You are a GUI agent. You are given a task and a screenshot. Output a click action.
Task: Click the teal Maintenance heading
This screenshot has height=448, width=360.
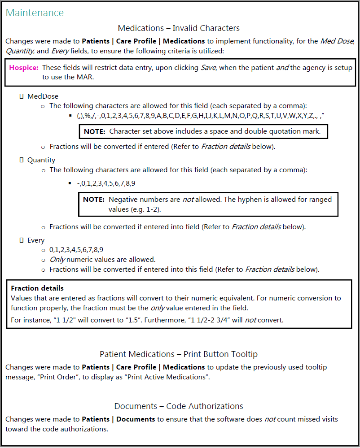(x=35, y=13)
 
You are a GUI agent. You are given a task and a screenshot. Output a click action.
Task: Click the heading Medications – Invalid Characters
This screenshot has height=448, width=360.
(x=179, y=28)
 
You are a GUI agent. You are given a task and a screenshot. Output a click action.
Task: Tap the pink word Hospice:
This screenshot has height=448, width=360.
(x=24, y=68)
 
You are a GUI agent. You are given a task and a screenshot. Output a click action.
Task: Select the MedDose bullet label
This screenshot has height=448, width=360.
(x=43, y=96)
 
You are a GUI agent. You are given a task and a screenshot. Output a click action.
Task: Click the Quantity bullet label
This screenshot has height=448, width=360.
(x=41, y=160)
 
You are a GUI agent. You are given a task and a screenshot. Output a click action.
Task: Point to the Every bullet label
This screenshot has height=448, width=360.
(x=36, y=240)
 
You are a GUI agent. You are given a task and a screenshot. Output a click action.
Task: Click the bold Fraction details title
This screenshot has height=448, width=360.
(x=37, y=288)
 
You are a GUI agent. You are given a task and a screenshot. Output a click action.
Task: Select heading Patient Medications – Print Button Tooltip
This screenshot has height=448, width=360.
(x=179, y=354)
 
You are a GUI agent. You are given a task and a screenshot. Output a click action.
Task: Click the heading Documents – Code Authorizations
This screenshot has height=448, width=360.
(x=179, y=406)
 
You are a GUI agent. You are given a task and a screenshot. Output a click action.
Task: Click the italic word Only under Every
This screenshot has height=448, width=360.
(x=57, y=260)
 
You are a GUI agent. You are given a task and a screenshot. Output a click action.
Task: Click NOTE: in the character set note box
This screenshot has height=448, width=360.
(x=95, y=131)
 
